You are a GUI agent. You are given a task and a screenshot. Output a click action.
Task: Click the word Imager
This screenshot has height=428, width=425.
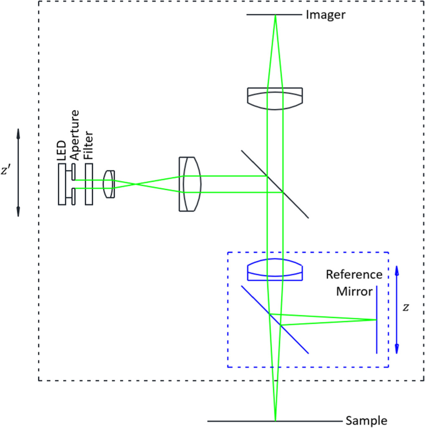click(x=326, y=15)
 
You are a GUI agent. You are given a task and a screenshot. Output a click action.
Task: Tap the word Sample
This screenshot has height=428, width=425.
click(x=366, y=421)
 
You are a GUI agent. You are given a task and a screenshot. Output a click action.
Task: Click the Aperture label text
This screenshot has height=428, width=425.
click(x=75, y=135)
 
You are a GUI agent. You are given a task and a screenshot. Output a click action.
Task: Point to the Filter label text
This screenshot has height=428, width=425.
click(x=88, y=145)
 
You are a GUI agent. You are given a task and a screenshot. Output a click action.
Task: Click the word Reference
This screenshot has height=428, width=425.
click(x=354, y=275)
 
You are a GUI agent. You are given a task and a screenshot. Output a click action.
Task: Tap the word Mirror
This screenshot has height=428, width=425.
click(x=354, y=291)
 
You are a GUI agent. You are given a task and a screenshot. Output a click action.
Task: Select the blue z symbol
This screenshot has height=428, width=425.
click(x=405, y=308)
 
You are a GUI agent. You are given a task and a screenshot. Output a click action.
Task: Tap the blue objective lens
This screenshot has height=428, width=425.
click(x=275, y=269)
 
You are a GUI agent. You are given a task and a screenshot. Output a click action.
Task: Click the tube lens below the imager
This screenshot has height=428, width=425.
click(x=275, y=98)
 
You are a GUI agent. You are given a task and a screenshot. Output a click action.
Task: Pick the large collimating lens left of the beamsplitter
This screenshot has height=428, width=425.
click(x=190, y=184)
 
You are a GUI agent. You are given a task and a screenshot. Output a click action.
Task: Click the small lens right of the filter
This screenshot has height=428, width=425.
click(x=109, y=184)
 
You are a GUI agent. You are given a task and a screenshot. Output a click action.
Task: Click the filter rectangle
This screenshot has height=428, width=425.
click(x=89, y=184)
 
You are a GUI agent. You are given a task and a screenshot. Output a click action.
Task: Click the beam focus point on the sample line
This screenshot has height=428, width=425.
click(x=275, y=420)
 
